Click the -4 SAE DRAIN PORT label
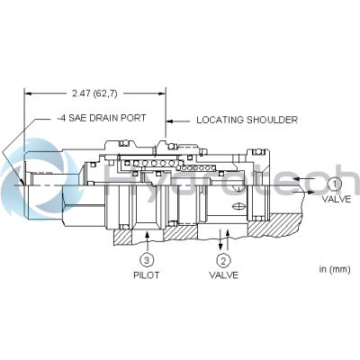[x=102, y=118]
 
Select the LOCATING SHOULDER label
[x=247, y=120]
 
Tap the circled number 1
[x=334, y=184]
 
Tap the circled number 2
[x=223, y=261]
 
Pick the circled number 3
[x=147, y=260]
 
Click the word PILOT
[x=146, y=275]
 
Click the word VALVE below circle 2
[x=224, y=275]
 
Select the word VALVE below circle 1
[x=337, y=199]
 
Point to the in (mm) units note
[x=335, y=269]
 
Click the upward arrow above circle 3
[x=147, y=241]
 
